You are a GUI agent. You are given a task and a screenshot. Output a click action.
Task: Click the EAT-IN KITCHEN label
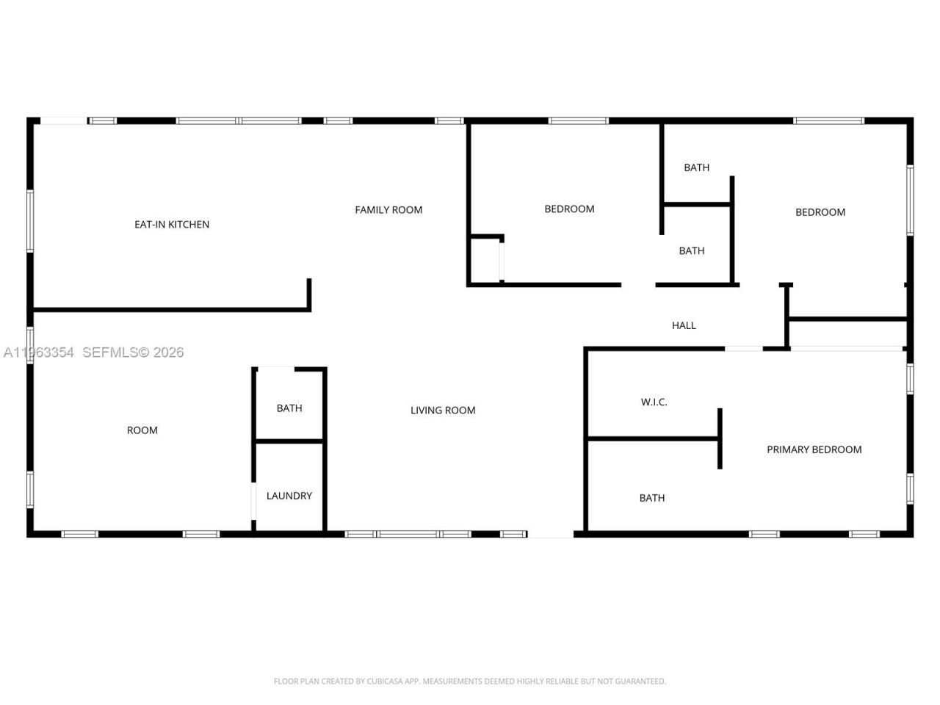(x=172, y=225)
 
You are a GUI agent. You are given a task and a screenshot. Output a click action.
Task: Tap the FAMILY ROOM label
(x=388, y=210)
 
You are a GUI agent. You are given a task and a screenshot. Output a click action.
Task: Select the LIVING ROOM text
(x=443, y=411)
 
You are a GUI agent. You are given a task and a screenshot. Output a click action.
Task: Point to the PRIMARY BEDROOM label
(x=814, y=449)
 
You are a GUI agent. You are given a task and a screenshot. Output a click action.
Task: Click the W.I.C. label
(x=654, y=402)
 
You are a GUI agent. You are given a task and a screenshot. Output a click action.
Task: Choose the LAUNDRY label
(x=289, y=496)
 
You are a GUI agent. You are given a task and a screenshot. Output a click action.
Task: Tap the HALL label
(x=684, y=325)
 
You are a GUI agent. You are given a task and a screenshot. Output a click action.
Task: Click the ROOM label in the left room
(x=142, y=430)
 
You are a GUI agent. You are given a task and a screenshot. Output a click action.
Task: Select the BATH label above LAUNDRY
(x=289, y=408)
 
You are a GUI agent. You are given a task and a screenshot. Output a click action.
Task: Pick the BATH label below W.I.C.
(x=651, y=498)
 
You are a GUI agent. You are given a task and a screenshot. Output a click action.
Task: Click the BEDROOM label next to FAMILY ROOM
(x=569, y=209)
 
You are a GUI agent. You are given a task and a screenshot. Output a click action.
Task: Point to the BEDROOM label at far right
(x=820, y=212)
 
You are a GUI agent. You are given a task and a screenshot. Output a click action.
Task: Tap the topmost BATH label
(x=696, y=167)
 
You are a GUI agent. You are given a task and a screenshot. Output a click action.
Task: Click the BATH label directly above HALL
(x=691, y=251)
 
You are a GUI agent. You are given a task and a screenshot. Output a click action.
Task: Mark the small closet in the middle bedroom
(x=485, y=261)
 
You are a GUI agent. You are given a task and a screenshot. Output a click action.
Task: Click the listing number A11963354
(x=38, y=352)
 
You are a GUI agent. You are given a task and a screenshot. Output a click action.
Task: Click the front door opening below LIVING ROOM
(x=550, y=534)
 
